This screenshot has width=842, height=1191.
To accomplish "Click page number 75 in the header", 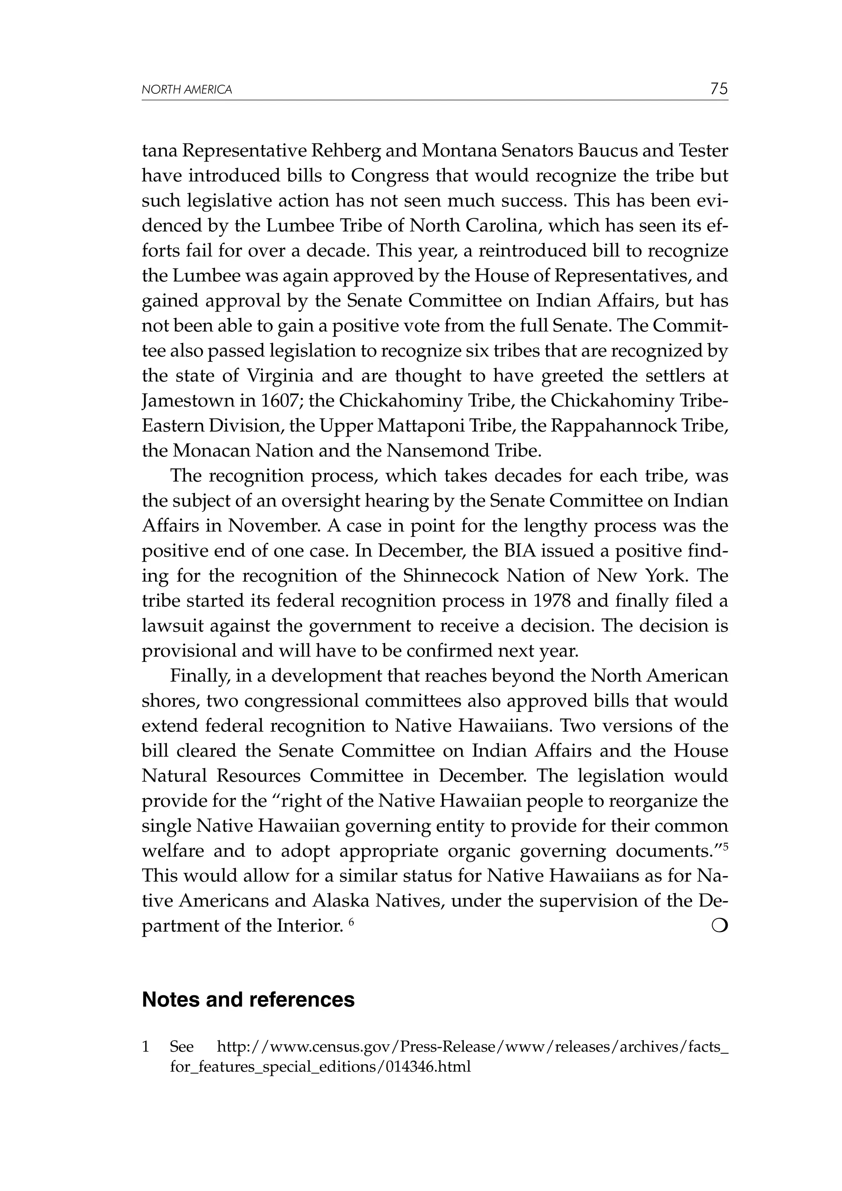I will tap(719, 89).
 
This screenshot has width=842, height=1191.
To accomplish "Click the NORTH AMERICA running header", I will tap(187, 90).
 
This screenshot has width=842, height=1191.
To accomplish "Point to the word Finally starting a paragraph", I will tap(200, 676).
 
